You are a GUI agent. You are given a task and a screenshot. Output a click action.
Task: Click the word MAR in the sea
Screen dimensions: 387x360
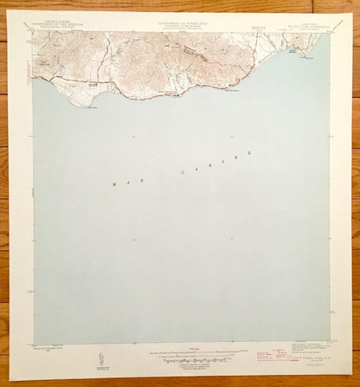tap(125, 182)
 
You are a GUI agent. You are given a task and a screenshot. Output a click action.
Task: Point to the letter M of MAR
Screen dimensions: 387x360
tap(114, 184)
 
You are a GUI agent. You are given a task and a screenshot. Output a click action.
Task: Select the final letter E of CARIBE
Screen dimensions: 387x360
tap(250, 153)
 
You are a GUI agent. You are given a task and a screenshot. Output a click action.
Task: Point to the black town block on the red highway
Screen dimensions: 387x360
tap(93, 85)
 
